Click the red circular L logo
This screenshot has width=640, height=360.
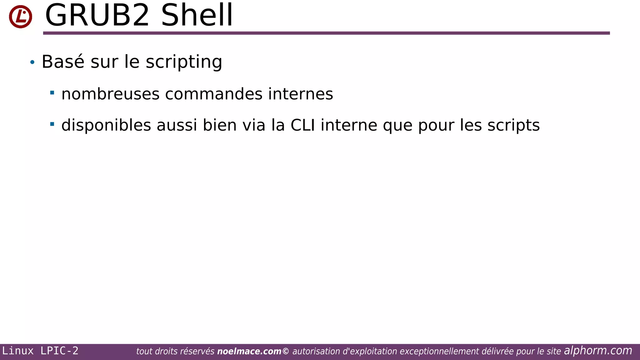coord(21,17)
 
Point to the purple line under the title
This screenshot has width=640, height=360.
coord(326,33)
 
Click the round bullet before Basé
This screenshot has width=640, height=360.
coord(32,62)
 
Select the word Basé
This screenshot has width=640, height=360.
coord(63,62)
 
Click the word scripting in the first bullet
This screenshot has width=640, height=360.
coord(184,62)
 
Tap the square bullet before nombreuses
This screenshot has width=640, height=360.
coord(52,92)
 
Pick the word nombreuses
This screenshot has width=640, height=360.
coord(110,94)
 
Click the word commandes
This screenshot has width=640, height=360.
coord(214,94)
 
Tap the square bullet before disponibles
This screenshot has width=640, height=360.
coord(52,124)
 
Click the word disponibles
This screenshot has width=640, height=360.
coord(106,125)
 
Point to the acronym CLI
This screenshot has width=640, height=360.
coord(302,125)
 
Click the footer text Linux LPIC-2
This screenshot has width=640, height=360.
coord(40,351)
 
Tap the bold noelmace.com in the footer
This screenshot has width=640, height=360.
coord(249,352)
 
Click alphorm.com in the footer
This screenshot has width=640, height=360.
coord(598,351)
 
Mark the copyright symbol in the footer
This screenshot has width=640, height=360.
coord(286,352)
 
